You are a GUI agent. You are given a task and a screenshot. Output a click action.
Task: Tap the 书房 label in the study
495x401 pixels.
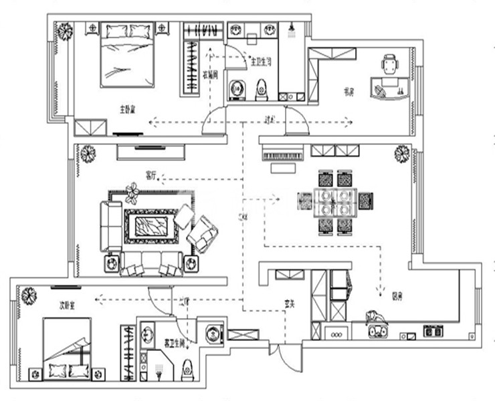click(x=349, y=92)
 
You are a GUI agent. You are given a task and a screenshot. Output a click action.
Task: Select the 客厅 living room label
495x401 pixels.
click(x=151, y=175)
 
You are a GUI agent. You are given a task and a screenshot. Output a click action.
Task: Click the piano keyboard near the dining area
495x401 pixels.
click(x=284, y=156)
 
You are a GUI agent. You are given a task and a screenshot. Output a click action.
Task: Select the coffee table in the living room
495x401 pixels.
click(x=151, y=227)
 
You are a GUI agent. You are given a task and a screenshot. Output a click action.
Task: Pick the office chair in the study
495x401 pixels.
click(x=390, y=65)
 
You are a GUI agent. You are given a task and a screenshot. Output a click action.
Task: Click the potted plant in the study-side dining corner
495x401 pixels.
click(x=401, y=154)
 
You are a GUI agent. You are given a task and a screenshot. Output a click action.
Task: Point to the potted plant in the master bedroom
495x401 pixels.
click(x=64, y=31)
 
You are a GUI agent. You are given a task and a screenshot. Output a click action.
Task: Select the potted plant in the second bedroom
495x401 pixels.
click(x=29, y=295)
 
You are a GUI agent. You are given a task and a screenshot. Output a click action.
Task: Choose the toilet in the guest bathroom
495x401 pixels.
click(x=188, y=366)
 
